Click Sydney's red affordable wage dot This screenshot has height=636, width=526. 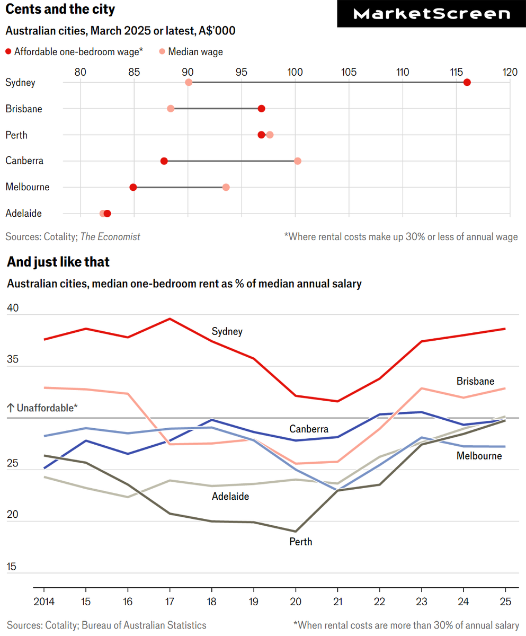point(467,82)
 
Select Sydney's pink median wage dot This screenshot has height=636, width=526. point(189,82)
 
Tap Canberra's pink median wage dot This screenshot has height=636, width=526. point(298,161)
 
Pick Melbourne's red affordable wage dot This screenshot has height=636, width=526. point(133,187)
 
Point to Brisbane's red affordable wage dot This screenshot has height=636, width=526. point(261,109)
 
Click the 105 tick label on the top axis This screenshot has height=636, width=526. point(349,72)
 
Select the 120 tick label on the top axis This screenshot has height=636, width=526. point(510,72)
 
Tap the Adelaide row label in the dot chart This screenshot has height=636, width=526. point(23,214)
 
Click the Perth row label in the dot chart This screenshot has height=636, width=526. point(16,135)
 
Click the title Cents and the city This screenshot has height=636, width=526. point(60,10)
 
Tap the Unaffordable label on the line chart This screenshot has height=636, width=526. point(42,408)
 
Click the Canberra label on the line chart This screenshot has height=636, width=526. point(309,429)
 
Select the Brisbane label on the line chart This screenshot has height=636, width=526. point(475,381)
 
